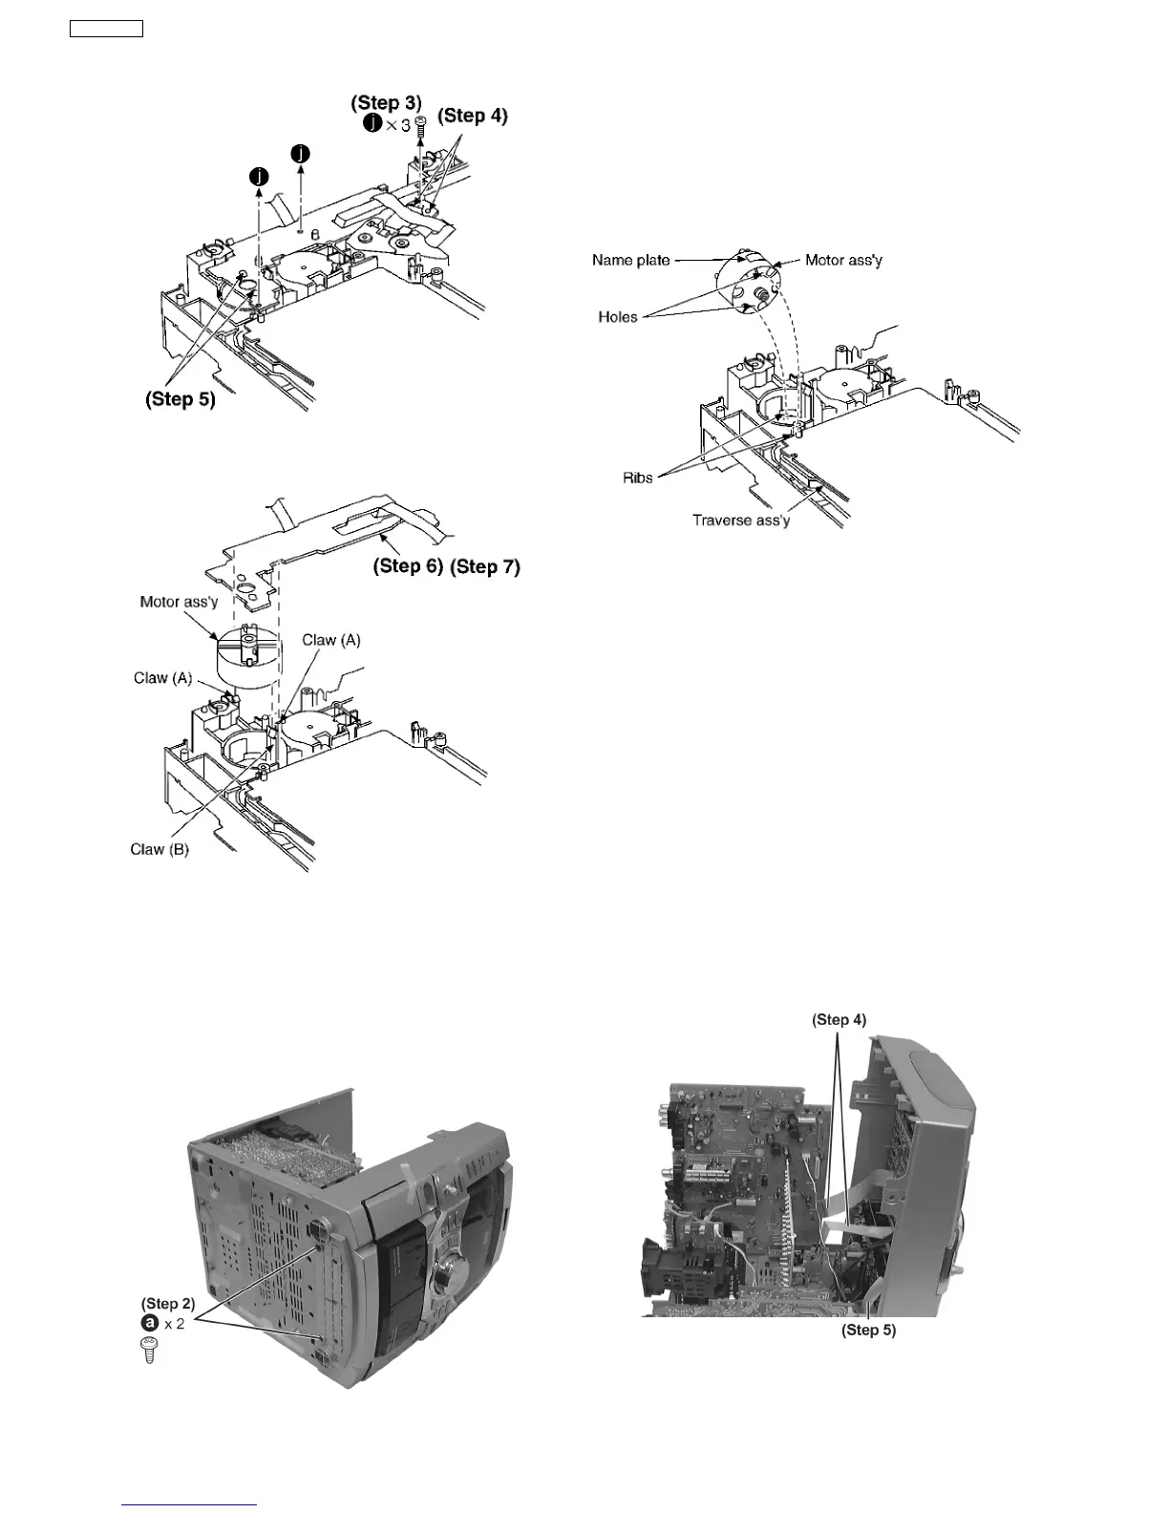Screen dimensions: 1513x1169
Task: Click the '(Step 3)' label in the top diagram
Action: tap(386, 102)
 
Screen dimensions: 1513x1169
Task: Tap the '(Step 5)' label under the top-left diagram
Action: tap(181, 399)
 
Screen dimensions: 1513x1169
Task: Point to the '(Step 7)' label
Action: tap(485, 566)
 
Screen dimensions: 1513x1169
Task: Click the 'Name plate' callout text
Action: tap(630, 260)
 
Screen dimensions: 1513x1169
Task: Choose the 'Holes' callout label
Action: tap(617, 317)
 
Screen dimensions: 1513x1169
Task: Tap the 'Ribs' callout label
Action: tap(637, 478)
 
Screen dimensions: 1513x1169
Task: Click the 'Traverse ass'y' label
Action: tap(740, 521)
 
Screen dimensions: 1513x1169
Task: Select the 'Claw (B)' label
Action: tap(159, 849)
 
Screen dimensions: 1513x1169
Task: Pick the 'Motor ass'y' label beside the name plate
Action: tap(843, 260)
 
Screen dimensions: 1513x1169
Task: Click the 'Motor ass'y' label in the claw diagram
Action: tap(179, 602)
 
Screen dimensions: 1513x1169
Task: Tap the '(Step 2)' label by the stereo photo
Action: tap(168, 1303)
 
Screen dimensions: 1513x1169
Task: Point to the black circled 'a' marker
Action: tap(150, 1324)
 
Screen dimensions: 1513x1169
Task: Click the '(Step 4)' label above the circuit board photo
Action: tap(839, 1019)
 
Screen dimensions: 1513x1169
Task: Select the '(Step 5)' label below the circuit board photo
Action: tap(868, 1330)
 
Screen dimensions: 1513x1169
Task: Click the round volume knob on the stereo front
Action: tap(446, 1278)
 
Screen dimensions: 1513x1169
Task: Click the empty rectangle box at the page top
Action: tap(106, 29)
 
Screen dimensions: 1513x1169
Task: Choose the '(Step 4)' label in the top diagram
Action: tap(473, 116)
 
